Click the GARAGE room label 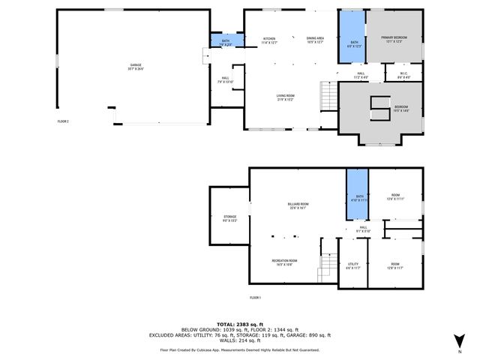(136, 67)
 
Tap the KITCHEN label (269, 40)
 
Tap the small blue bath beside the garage (226, 41)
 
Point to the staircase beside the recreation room (327, 265)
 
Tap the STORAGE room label (229, 218)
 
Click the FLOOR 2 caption (63, 121)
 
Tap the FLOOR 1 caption (255, 298)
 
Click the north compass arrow (459, 343)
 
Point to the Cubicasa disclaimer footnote (239, 349)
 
